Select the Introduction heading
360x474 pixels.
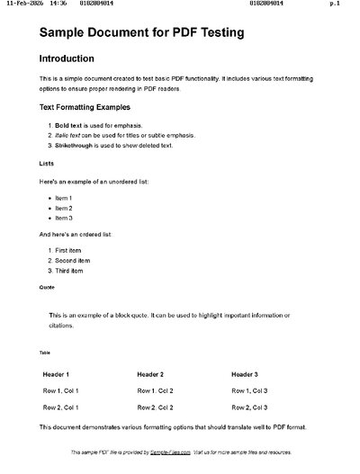[x=67, y=59]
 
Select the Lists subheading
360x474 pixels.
[x=47, y=164]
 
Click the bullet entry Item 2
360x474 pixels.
[x=63, y=208]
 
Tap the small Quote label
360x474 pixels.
[x=47, y=288]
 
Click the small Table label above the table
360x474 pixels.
[x=45, y=353]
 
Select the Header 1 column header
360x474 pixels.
[x=56, y=373]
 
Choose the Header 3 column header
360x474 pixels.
[x=245, y=373]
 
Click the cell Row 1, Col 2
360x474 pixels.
[x=155, y=390]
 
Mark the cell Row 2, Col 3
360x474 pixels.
[x=249, y=407]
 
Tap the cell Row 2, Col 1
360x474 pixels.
[x=61, y=407]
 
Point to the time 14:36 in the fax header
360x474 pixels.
[x=58, y=4]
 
